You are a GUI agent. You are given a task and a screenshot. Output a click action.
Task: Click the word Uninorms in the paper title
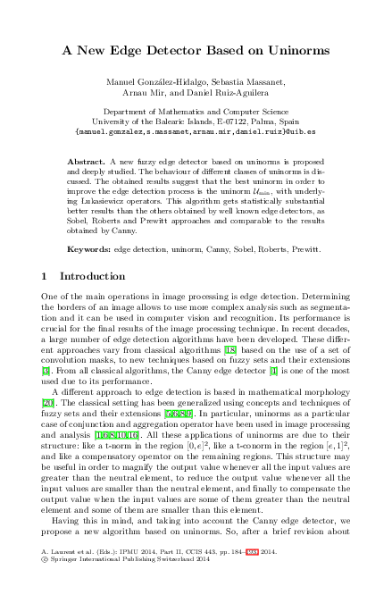click(x=297, y=53)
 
